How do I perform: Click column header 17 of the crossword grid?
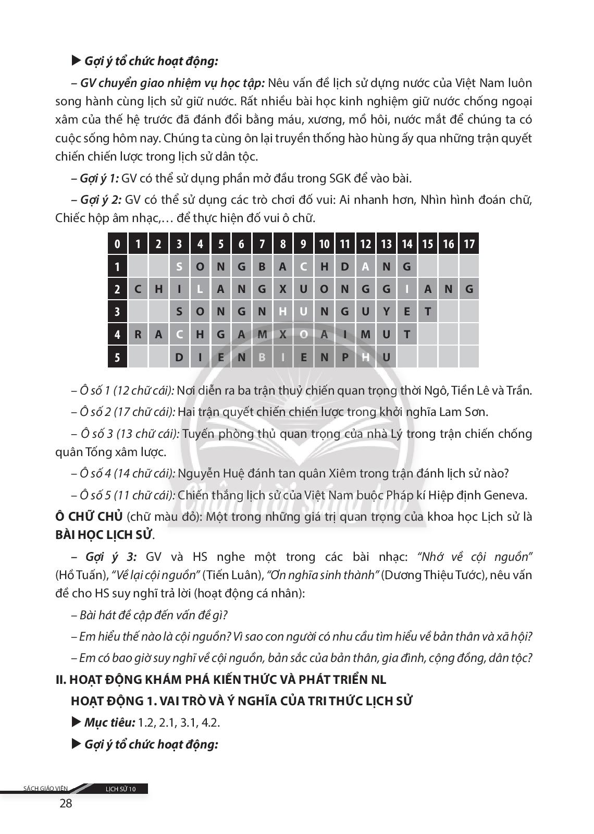(469, 244)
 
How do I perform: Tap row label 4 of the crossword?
(117, 335)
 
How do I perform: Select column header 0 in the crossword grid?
(117, 244)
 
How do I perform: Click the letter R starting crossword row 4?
(138, 335)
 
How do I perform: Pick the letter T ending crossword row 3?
(428, 312)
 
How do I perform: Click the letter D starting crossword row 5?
(179, 358)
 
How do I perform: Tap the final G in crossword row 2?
(469, 289)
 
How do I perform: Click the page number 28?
(66, 803)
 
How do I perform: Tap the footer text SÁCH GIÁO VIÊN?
(45, 789)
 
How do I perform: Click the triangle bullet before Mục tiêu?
(76, 722)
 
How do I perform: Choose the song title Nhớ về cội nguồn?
(475, 557)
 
